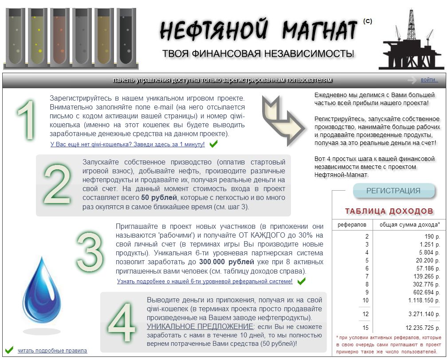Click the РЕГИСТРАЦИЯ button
coord(393,191)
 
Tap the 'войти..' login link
coord(429,80)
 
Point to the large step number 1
coord(27,120)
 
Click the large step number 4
coord(121,323)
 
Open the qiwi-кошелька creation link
coord(128,145)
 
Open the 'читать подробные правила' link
coord(52,351)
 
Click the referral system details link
coord(204,282)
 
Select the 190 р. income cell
coord(432,237)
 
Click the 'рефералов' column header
coord(352,225)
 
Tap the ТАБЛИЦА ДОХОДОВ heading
coord(389,211)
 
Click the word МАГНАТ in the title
coord(319,31)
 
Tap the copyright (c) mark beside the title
coord(367,21)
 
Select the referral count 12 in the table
coord(365,314)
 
